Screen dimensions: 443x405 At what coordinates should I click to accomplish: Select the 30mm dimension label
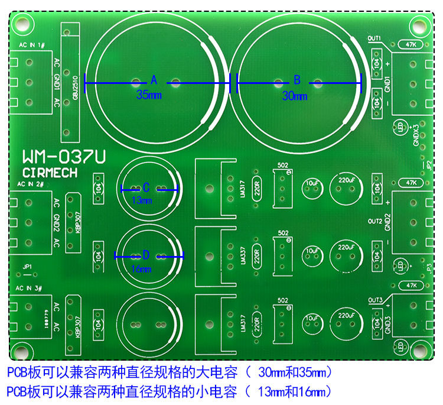295,96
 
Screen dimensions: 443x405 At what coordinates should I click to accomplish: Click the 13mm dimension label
142,200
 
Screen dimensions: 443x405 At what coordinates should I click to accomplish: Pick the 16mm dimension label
141,269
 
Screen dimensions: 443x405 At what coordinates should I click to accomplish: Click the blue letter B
297,80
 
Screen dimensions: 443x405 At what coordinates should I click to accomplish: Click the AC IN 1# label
32,46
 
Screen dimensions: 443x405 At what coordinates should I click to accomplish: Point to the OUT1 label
374,38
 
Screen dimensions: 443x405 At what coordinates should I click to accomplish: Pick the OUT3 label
375,300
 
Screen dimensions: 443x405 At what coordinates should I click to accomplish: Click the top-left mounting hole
22,24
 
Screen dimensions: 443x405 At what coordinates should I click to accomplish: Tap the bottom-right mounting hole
420,347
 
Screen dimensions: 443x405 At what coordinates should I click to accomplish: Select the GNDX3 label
416,135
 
